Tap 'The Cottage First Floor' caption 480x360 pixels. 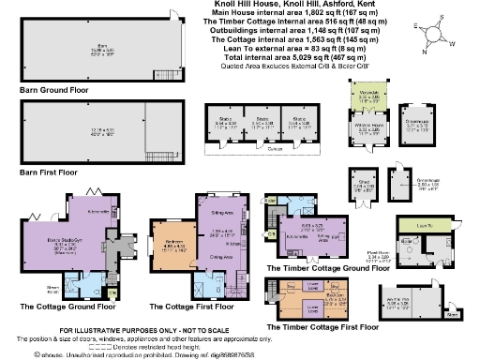[193, 306]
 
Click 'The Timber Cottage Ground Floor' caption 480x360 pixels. [328, 267]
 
